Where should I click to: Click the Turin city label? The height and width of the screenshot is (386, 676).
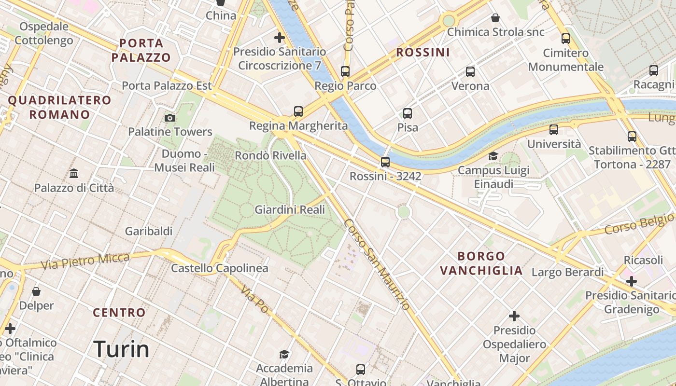121,349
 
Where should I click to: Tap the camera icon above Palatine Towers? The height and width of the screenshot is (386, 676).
169,118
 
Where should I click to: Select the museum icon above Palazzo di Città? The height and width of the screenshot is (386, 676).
74,173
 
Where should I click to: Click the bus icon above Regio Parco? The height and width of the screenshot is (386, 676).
345,71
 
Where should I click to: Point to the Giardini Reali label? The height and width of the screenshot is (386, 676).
290,209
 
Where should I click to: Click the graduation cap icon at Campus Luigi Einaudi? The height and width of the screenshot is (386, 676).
493,156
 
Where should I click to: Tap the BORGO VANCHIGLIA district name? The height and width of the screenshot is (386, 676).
481,263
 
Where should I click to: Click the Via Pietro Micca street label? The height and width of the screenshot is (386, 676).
85,261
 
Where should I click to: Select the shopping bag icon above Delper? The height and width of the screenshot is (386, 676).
36,291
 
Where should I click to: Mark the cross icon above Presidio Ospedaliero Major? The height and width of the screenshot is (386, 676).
514,316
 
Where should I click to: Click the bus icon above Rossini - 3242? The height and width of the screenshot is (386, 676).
385,162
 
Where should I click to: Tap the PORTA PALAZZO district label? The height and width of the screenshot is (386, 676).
141,50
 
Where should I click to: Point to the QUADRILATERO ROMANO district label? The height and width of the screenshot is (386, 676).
60,107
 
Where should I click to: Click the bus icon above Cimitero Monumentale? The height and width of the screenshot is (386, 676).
566,39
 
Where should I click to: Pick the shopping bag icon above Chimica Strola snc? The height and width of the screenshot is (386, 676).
495,18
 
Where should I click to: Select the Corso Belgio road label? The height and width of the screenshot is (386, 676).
639,225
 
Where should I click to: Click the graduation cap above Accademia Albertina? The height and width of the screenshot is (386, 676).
284,355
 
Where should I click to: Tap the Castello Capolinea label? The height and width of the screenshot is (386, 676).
220,268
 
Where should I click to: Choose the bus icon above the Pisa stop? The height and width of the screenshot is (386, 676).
408,113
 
